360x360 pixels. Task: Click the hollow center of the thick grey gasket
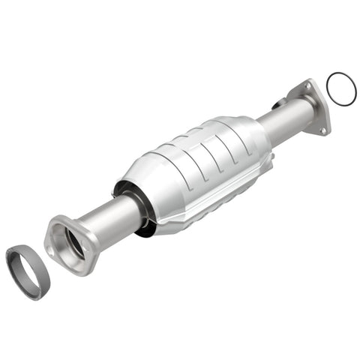(28, 270)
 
